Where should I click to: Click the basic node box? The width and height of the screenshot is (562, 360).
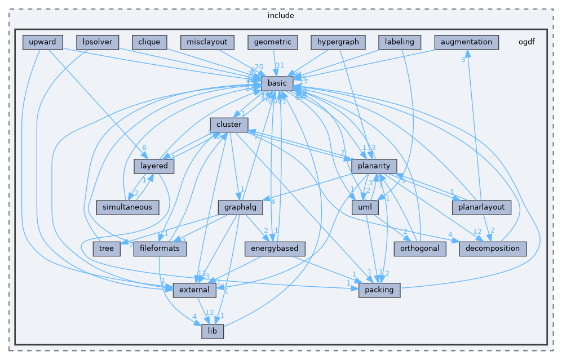point(277,83)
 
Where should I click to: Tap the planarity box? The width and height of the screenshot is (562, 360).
point(374,166)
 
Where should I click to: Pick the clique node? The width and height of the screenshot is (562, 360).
point(149,42)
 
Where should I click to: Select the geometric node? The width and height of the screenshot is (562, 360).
point(272,42)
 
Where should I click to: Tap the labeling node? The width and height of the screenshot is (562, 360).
point(400,42)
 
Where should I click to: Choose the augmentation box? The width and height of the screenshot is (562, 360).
point(467,42)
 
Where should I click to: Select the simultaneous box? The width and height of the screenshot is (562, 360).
point(127,207)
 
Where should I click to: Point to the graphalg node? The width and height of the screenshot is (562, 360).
point(241,207)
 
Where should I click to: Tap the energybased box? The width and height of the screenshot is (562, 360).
point(276,248)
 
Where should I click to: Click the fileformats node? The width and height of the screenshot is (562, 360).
point(160,248)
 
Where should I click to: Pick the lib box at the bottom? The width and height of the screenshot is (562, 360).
point(213,331)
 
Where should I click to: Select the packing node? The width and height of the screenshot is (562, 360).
point(379,290)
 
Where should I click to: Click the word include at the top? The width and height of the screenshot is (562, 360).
point(280,15)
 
